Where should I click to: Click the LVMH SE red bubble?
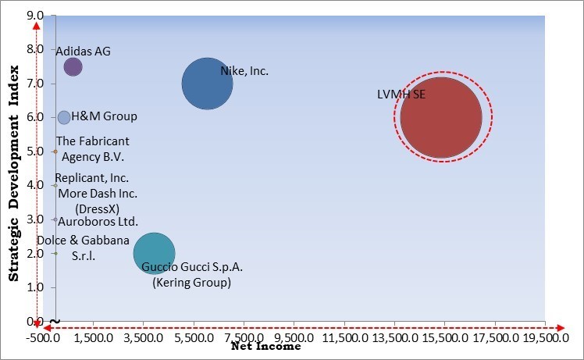pos(441,117)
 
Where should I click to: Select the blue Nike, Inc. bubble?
pos(207,83)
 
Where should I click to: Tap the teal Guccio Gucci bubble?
pos(154,252)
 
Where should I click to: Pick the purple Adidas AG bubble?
pos(73,67)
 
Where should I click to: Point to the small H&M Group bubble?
pos(64,117)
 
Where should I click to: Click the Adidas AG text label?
pos(83,52)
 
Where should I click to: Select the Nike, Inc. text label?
pos(244,71)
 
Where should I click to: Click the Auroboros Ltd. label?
pos(98,221)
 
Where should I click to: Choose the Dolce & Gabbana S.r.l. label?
pos(83,248)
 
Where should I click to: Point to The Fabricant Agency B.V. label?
pos(93,148)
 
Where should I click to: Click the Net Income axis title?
pos(265,346)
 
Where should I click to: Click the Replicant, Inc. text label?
pos(91,178)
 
